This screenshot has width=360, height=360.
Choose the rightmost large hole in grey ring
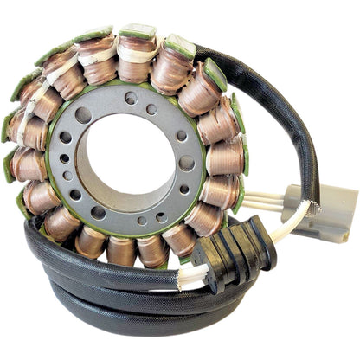coord(186,162)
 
